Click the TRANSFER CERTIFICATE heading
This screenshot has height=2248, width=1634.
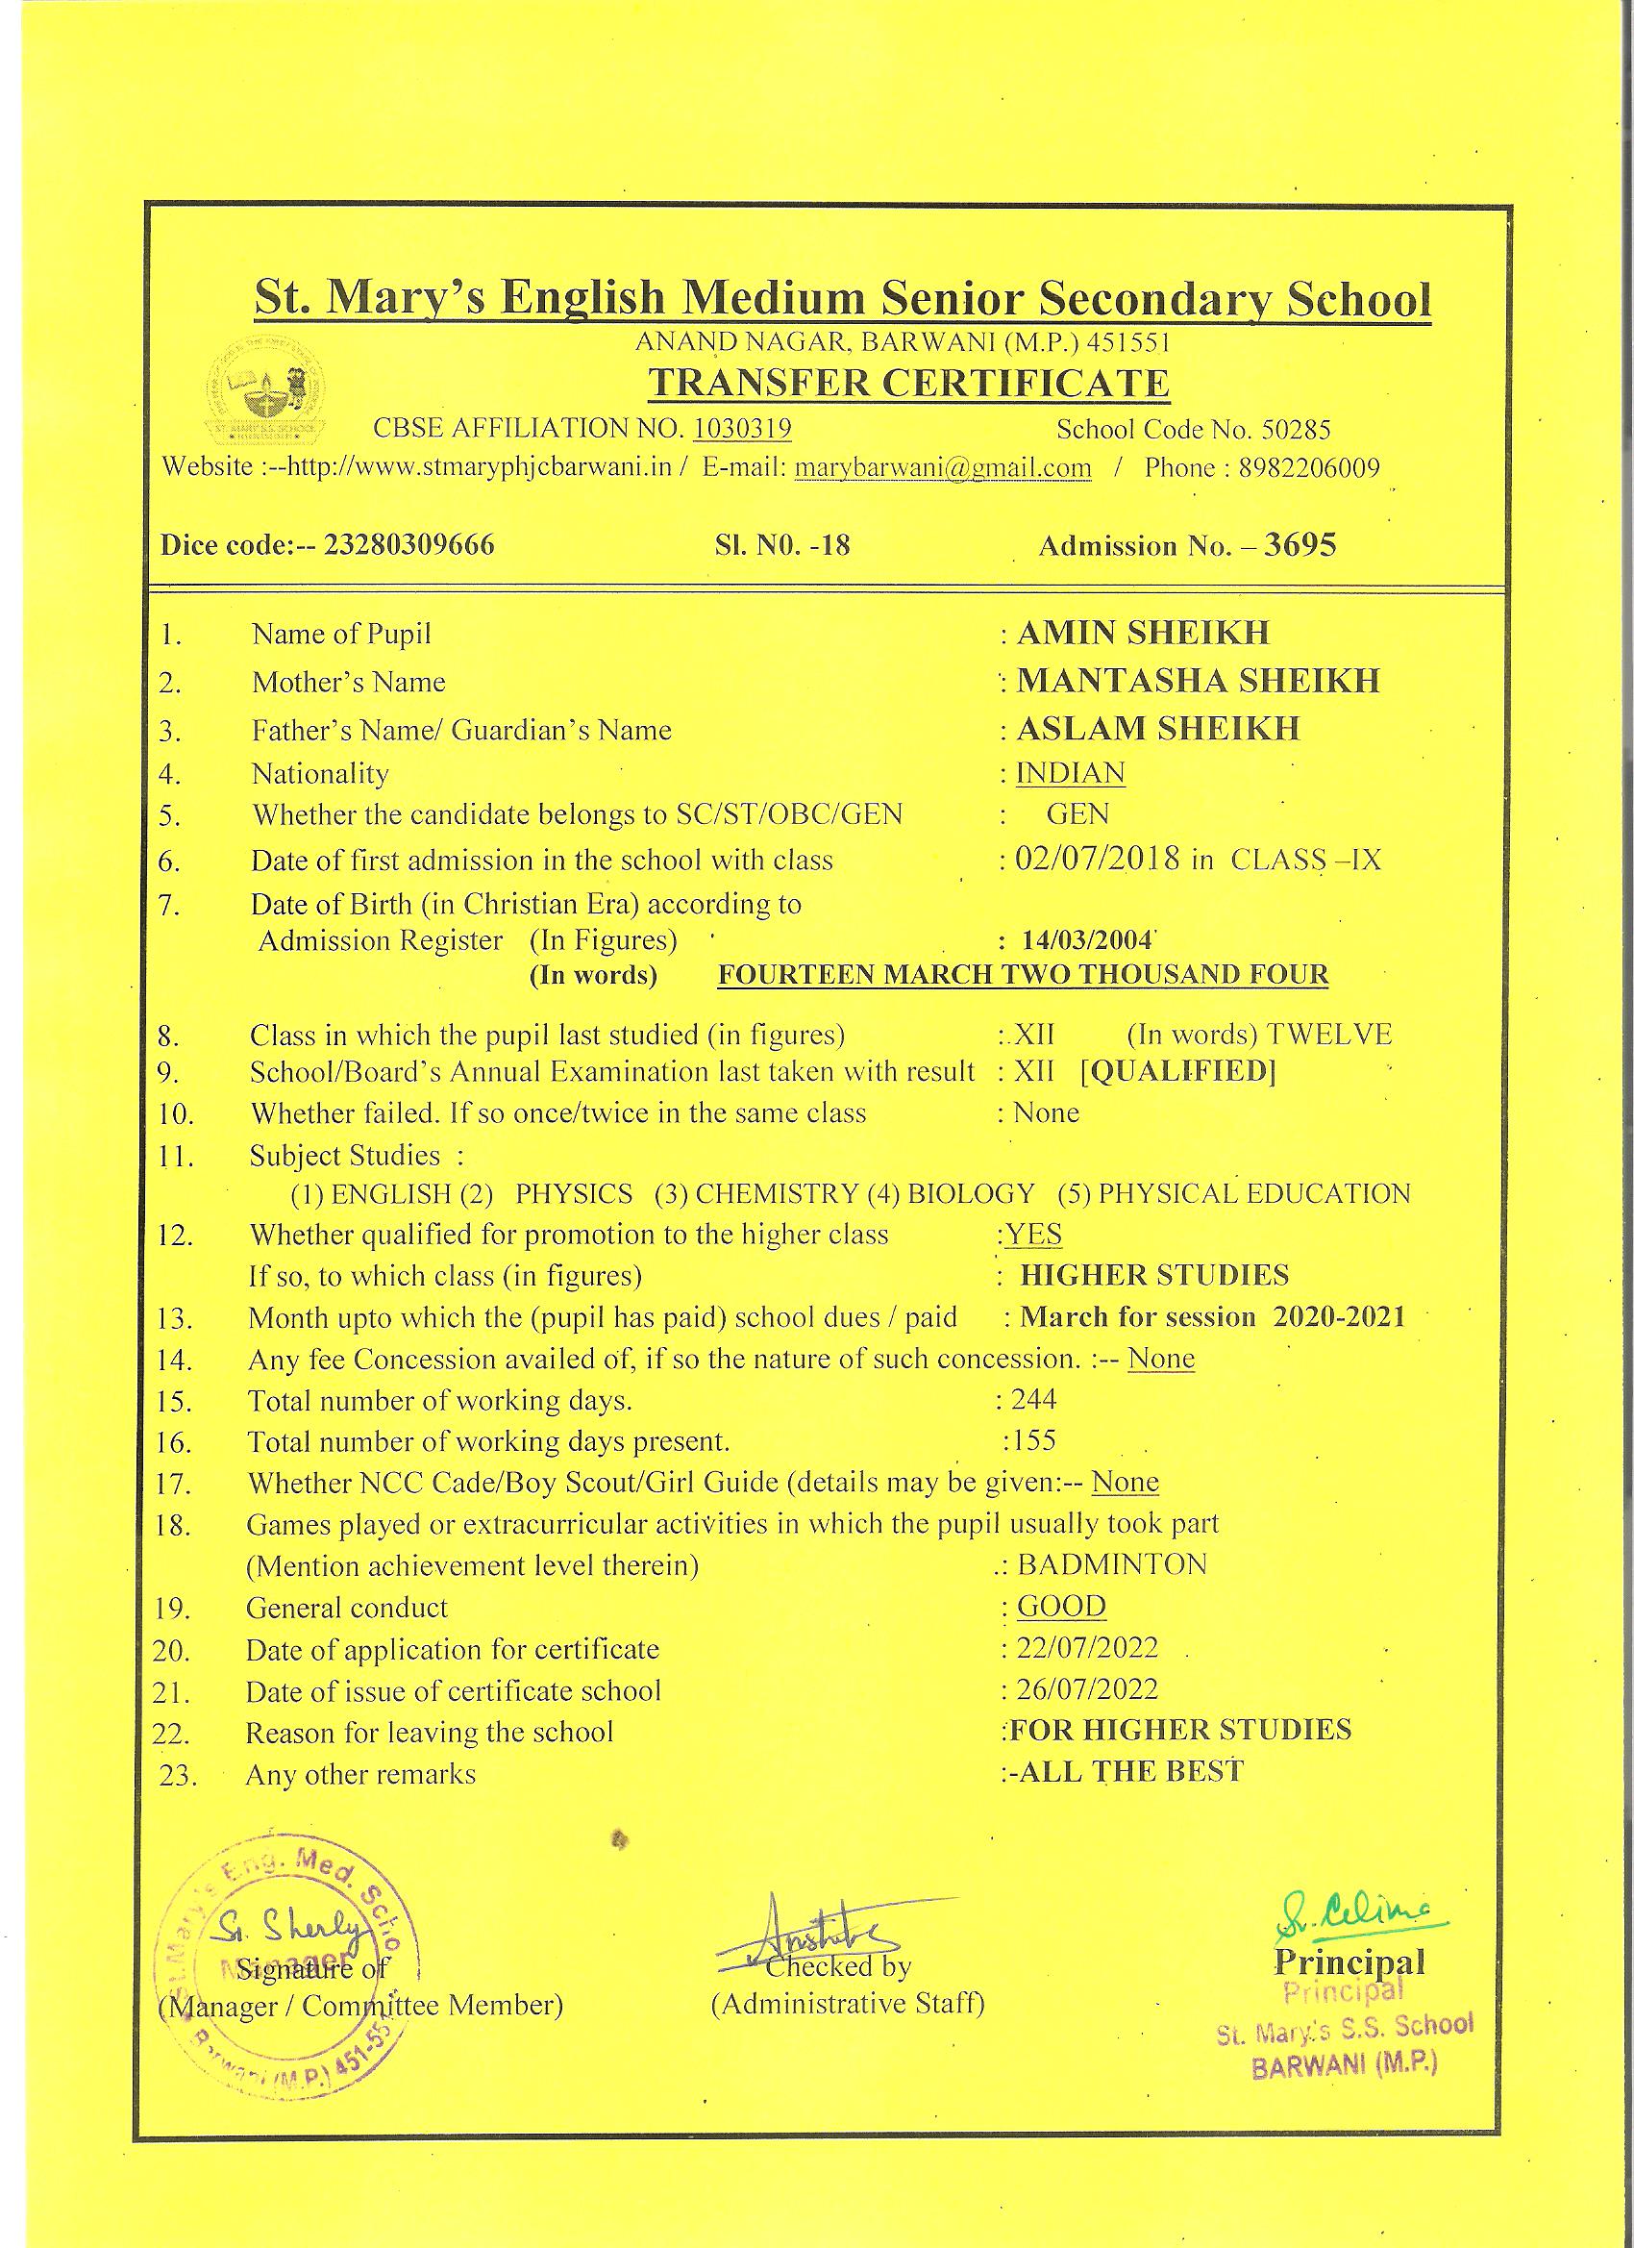coord(907,384)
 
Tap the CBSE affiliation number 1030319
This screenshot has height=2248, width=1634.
coord(741,428)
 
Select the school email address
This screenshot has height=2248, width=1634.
coord(942,468)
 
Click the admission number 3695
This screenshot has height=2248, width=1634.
coord(1300,545)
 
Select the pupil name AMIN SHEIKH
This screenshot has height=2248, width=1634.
coord(1143,633)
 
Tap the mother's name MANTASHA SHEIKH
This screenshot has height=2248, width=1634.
coord(1197,681)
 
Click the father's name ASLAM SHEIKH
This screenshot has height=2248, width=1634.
coord(1157,729)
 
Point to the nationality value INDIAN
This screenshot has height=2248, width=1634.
coord(1070,772)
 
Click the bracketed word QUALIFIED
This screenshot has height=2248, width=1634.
coord(1177,1071)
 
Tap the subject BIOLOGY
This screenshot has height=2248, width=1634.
coord(971,1192)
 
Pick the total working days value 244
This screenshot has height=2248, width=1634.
coord(1033,1400)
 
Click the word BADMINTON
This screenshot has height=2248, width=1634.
coord(1112,1565)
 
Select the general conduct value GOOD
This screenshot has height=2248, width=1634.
coord(1061,1606)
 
